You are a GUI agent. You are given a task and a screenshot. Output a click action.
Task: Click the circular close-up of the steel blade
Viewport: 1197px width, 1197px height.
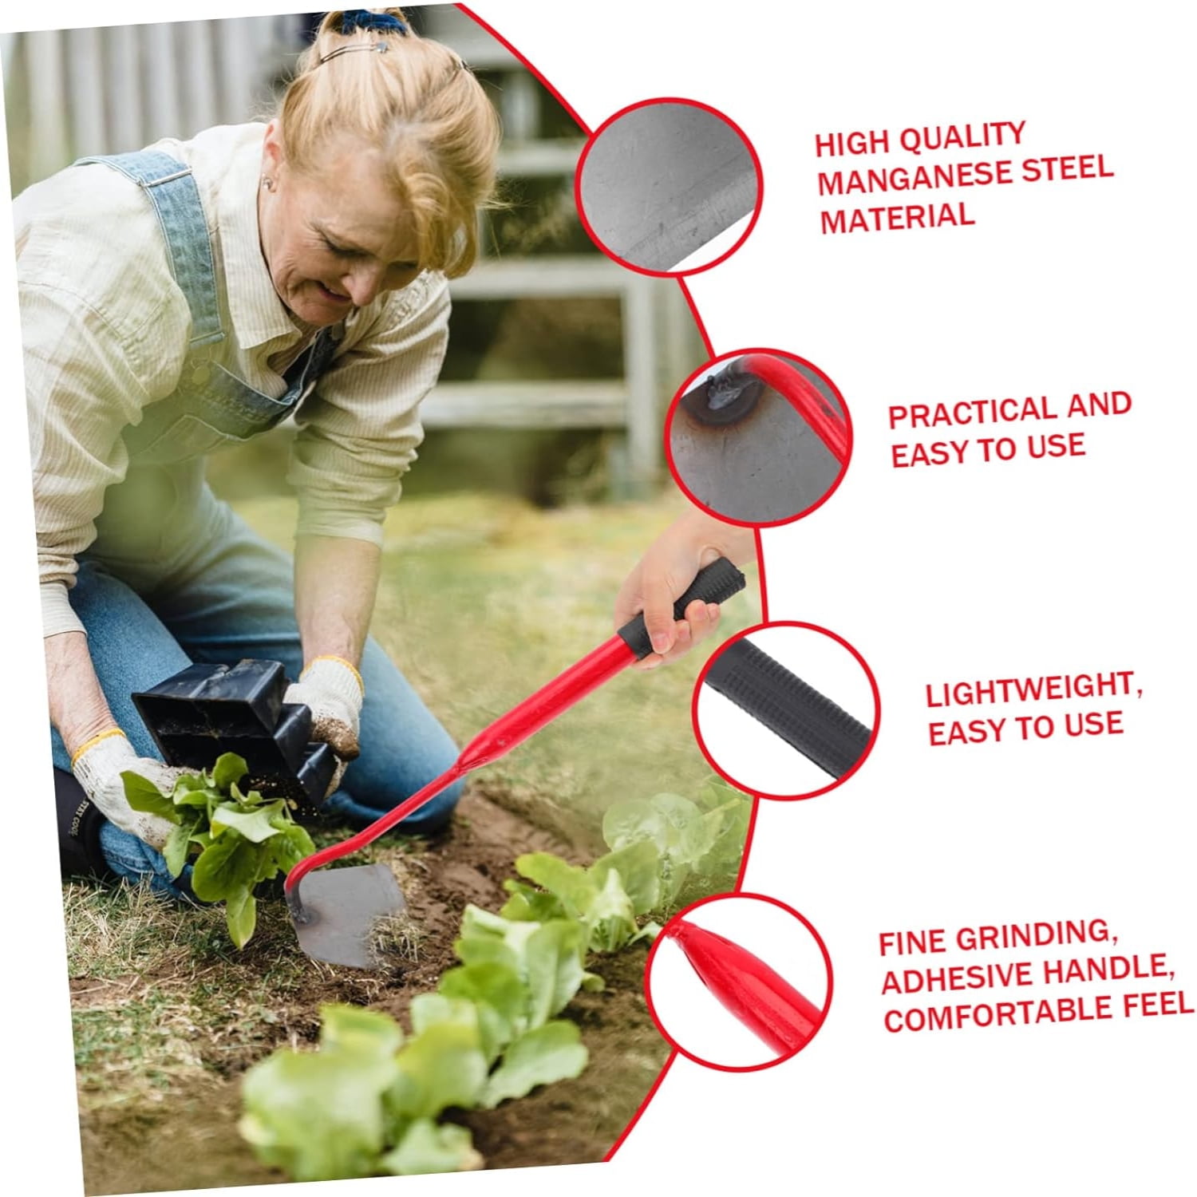(x=669, y=188)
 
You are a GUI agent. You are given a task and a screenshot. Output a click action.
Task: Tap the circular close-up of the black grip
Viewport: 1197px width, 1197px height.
(x=786, y=709)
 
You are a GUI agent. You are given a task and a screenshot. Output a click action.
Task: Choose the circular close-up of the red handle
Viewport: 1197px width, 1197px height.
(x=738, y=982)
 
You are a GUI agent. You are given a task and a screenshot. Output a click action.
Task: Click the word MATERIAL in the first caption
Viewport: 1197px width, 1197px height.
(x=897, y=218)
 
